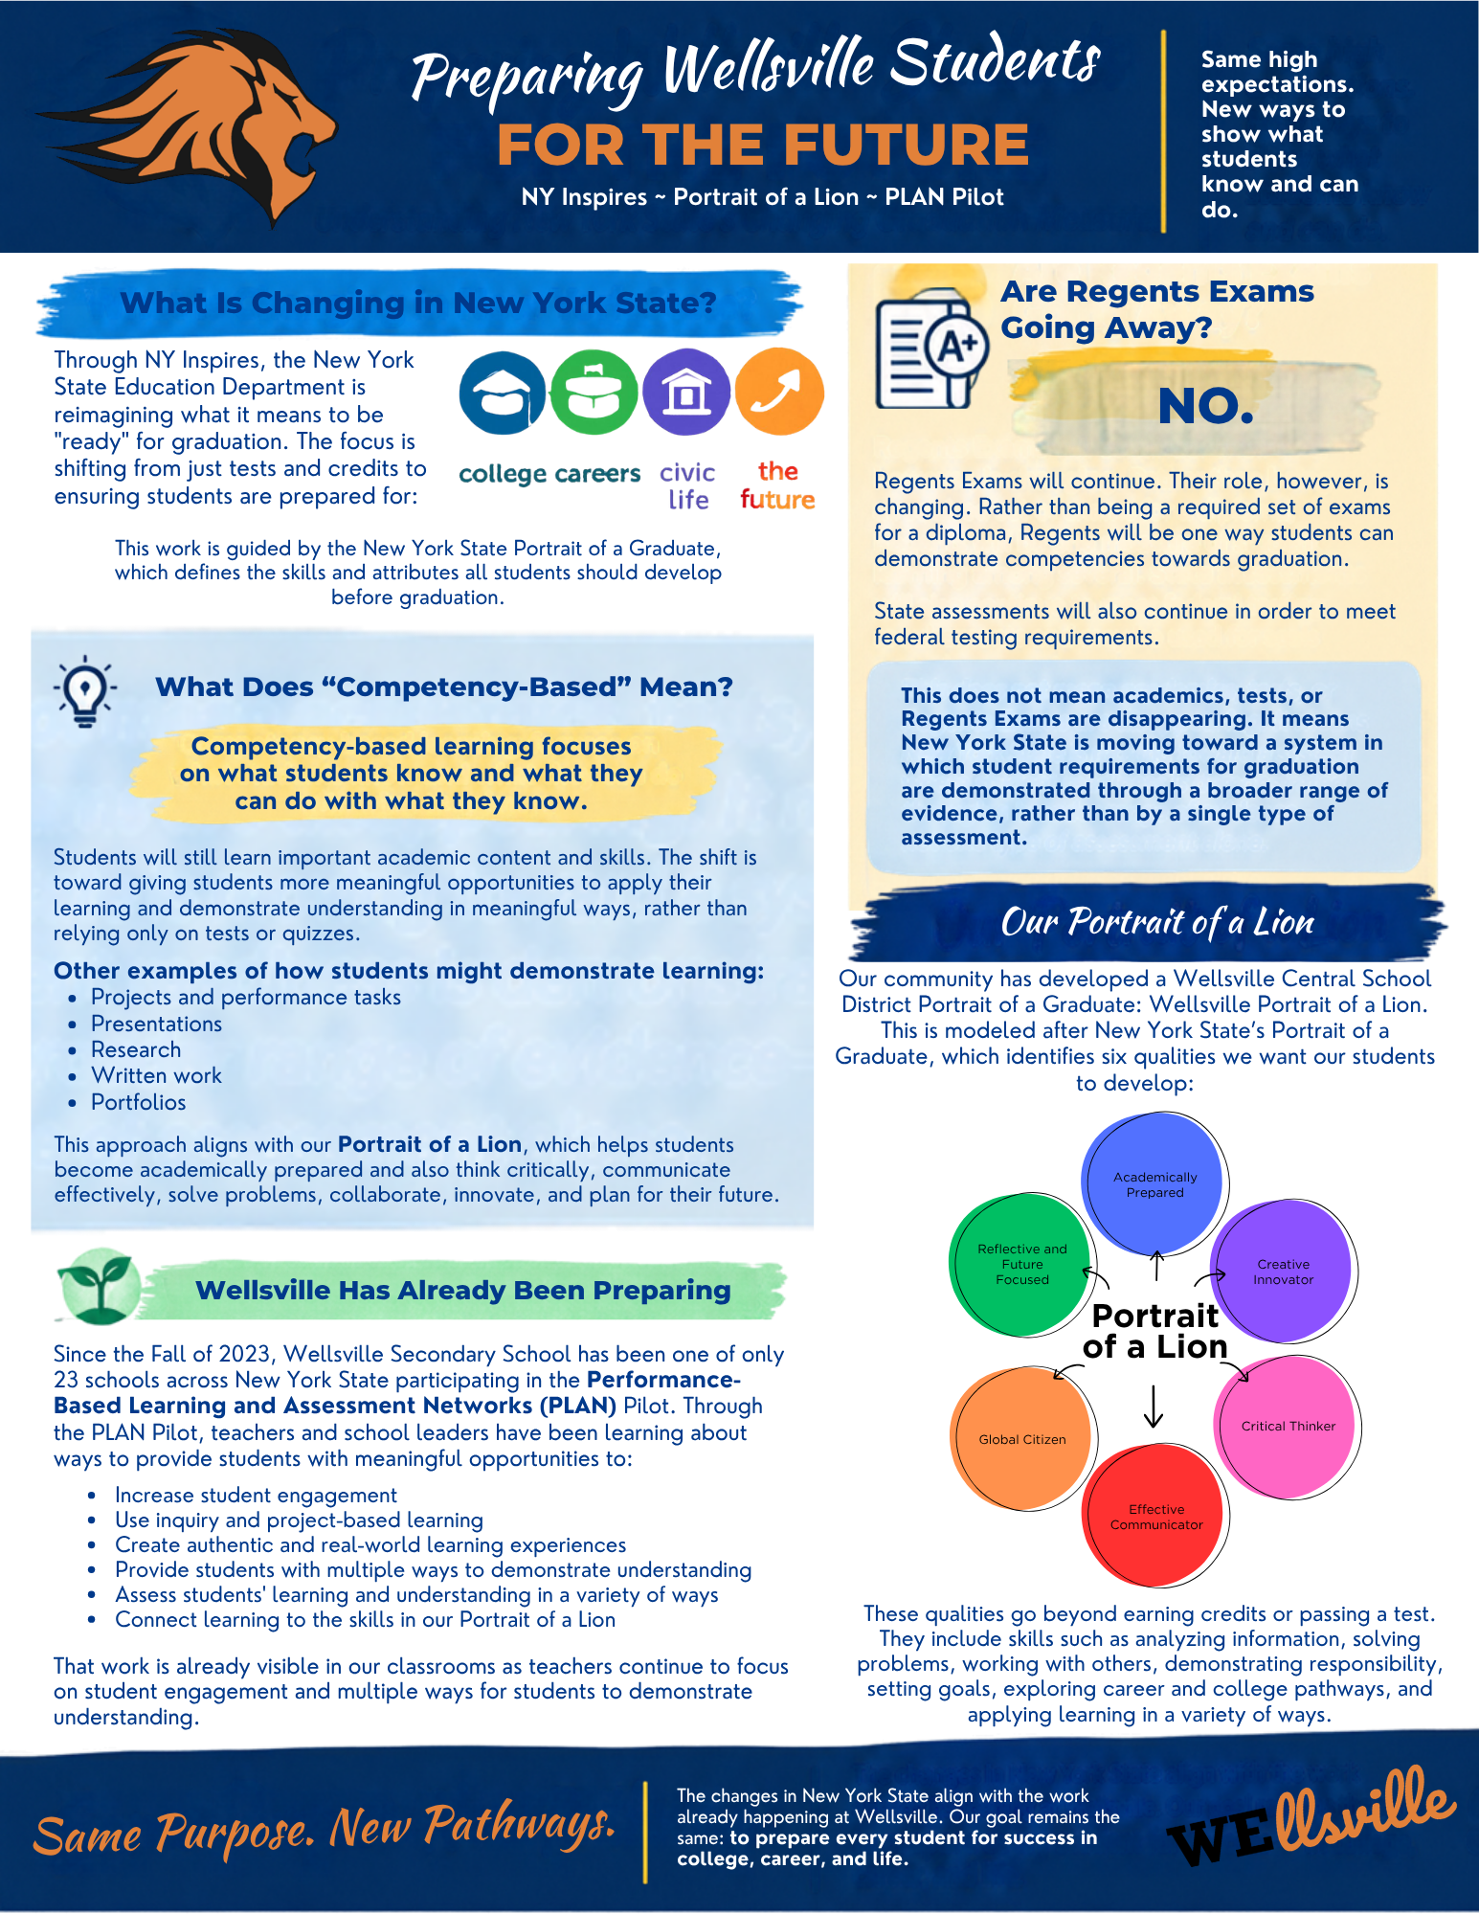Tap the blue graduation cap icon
[x=503, y=393]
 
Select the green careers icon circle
[x=594, y=393]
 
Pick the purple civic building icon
[x=686, y=393]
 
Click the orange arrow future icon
[x=779, y=393]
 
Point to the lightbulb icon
[x=85, y=691]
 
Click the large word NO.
[x=1205, y=406]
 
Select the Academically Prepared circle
[x=1155, y=1183]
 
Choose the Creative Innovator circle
[x=1284, y=1272]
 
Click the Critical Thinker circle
[x=1288, y=1426]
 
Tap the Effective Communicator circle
[x=1156, y=1516]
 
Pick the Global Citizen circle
[x=1022, y=1439]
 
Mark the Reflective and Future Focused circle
[x=1021, y=1264]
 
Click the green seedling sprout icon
[x=99, y=1287]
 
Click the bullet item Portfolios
[x=139, y=1102]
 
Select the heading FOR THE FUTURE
[x=763, y=145]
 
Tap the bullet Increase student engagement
[x=256, y=1495]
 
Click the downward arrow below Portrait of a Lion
[x=1154, y=1407]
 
